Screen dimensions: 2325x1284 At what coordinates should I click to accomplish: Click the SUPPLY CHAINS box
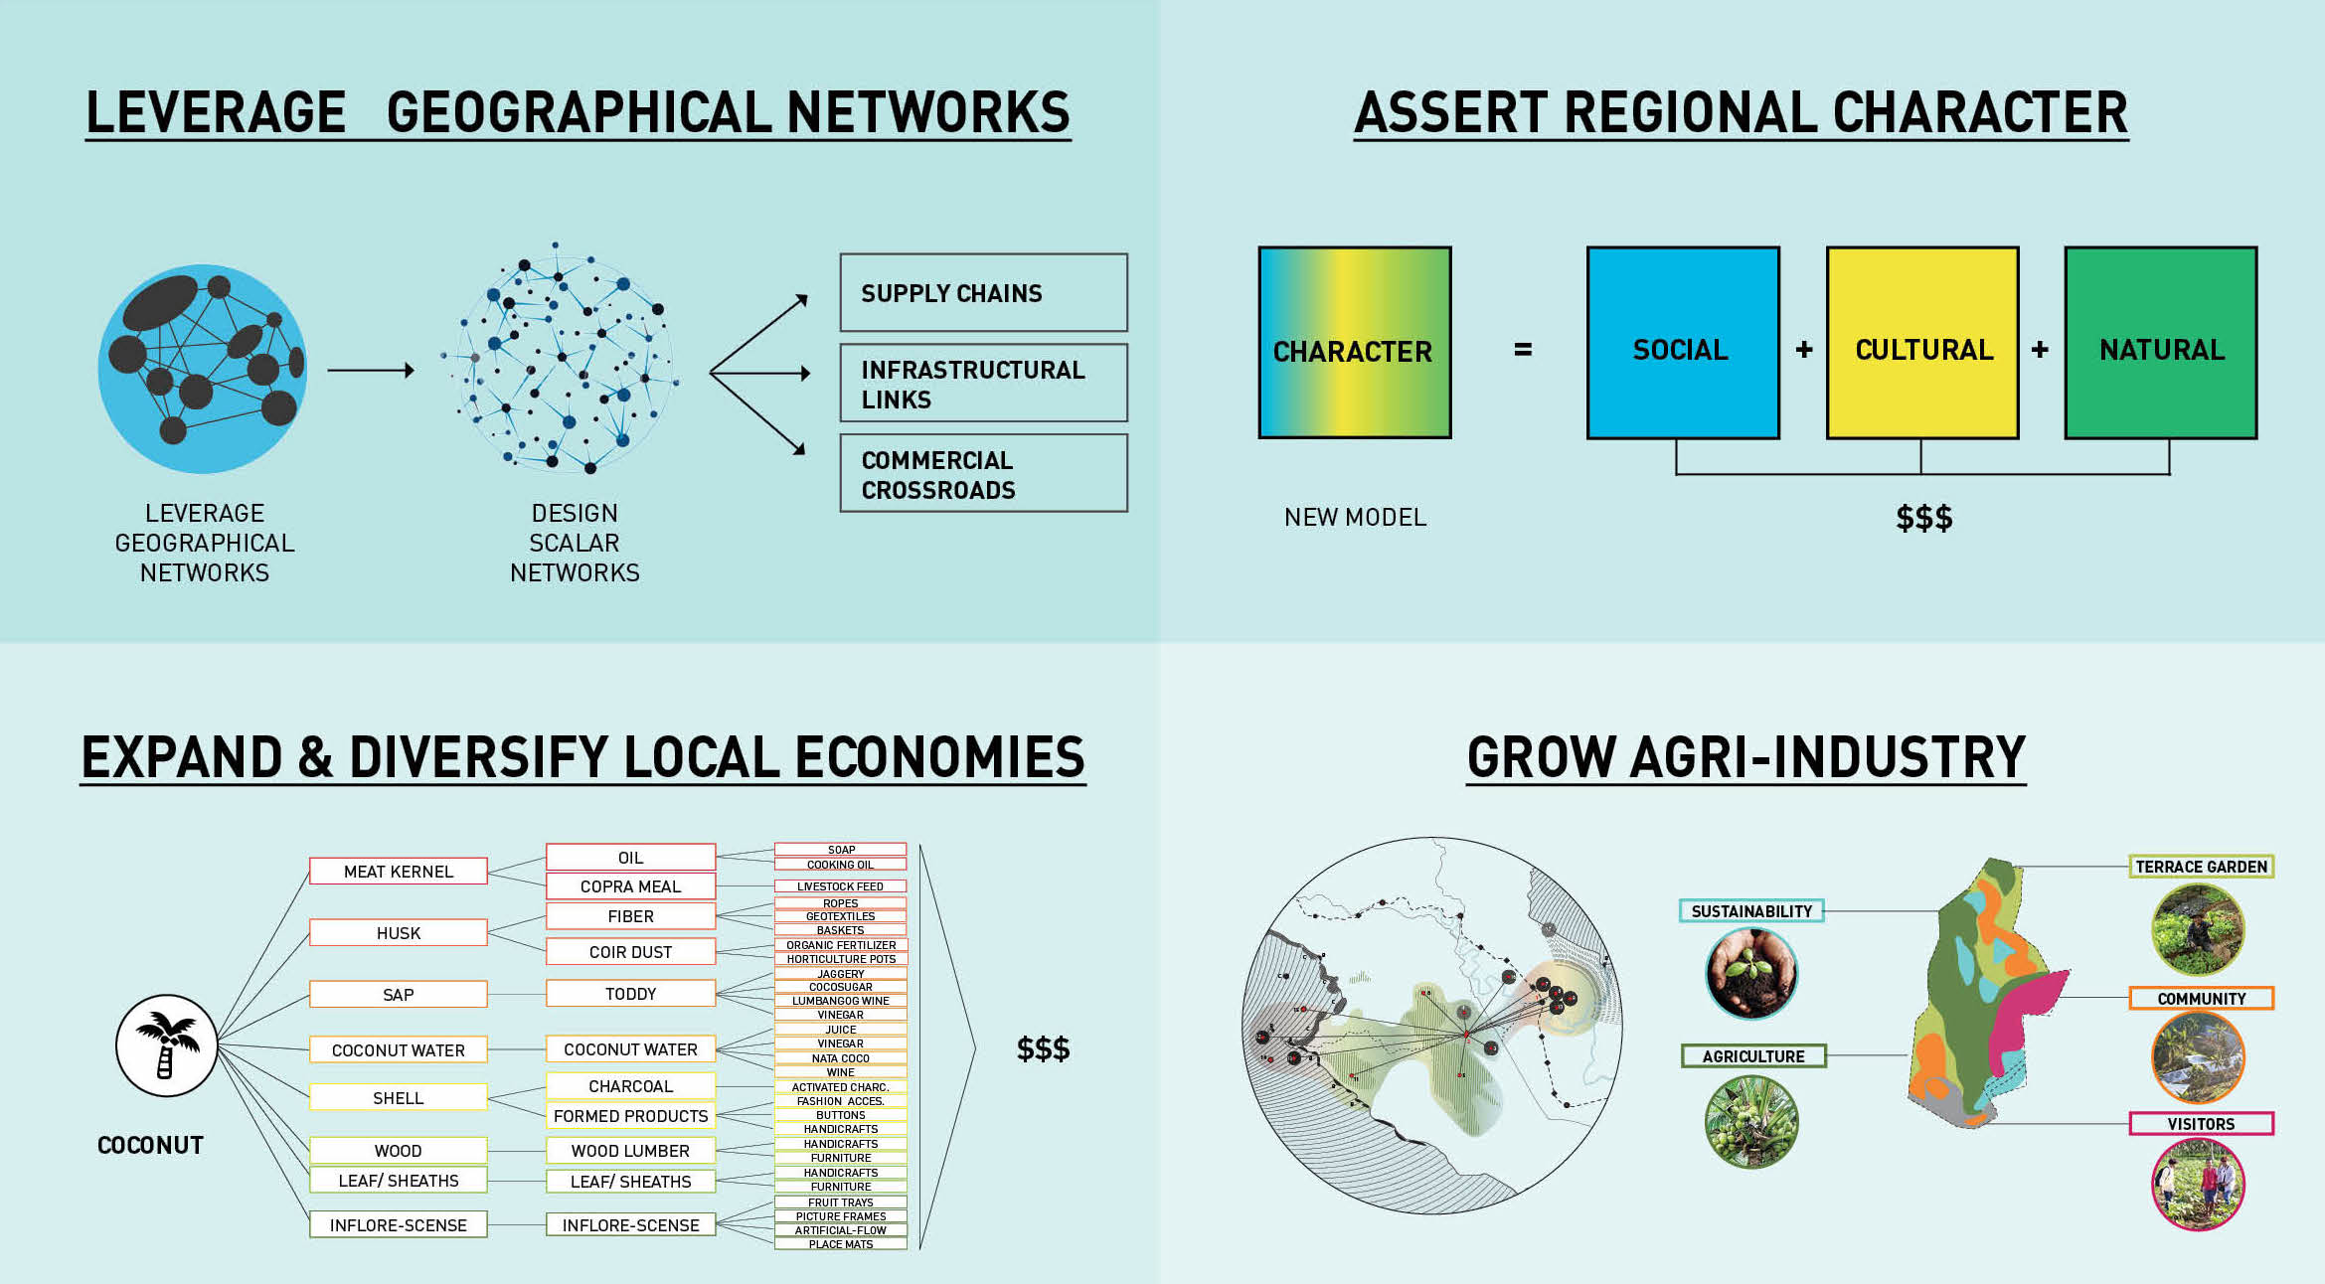pos(983,292)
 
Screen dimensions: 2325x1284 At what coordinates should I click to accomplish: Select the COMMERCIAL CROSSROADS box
pos(983,473)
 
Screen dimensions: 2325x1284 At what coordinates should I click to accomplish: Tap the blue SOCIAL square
pos(1683,343)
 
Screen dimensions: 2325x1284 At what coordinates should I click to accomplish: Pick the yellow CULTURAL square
pos(1922,343)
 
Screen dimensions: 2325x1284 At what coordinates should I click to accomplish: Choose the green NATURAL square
pos(2161,343)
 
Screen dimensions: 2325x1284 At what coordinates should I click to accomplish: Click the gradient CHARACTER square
pos(1355,343)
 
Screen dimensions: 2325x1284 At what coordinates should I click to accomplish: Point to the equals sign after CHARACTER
pos(1523,350)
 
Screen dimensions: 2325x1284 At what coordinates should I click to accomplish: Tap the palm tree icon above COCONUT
pos(167,1045)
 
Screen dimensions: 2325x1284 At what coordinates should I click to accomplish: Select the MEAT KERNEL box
pos(399,871)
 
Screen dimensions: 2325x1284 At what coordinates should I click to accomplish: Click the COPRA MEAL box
pos(630,885)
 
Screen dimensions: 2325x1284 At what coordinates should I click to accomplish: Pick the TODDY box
pos(630,993)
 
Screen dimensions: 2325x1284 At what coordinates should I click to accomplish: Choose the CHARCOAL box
pos(630,1086)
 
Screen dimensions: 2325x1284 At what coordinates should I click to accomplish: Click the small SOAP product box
pos(841,850)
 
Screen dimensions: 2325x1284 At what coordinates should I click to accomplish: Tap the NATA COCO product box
pos(841,1058)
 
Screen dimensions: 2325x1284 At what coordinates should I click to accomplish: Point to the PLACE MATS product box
pos(841,1244)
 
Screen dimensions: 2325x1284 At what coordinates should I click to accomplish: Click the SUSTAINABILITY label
pos(1751,910)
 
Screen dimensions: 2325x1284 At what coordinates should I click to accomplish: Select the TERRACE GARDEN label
pos(2201,867)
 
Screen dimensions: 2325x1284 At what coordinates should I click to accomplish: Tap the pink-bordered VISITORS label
pos(2201,1123)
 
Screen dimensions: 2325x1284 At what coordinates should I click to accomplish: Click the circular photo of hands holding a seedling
pos(1751,973)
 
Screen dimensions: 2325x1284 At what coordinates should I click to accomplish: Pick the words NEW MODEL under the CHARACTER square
pos(1355,517)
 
